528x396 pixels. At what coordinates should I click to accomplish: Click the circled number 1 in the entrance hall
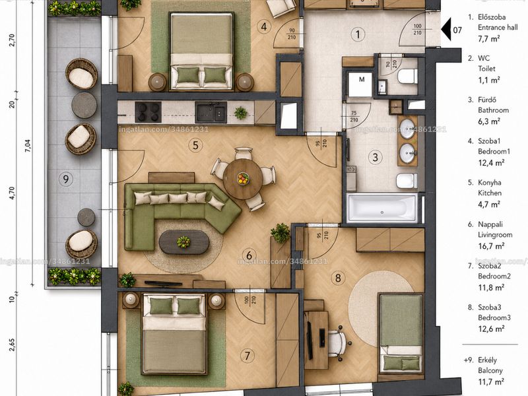click(x=358, y=34)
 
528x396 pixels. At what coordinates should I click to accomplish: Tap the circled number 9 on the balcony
click(x=65, y=178)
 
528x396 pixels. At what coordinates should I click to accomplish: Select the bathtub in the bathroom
click(x=382, y=208)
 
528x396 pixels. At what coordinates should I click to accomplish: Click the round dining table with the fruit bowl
click(x=243, y=179)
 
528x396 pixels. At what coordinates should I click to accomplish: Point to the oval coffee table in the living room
click(x=184, y=242)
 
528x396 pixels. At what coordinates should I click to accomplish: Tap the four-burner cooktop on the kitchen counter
click(x=148, y=112)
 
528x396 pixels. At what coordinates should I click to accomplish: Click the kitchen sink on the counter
click(x=211, y=112)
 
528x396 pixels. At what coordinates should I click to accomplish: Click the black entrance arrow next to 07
click(x=446, y=30)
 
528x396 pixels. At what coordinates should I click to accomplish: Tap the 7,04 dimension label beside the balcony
click(x=28, y=146)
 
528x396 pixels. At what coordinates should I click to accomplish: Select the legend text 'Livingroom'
click(x=495, y=235)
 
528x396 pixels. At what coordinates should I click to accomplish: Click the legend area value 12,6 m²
click(x=491, y=328)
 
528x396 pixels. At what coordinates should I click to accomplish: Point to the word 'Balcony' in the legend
click(x=490, y=370)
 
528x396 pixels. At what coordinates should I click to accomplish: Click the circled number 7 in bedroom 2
click(x=247, y=356)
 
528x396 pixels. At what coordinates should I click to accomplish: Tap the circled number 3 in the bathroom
click(x=375, y=157)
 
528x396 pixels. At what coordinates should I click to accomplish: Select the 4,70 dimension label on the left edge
click(x=13, y=193)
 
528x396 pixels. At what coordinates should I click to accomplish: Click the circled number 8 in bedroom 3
click(x=338, y=278)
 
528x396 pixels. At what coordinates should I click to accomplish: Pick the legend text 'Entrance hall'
click(x=498, y=27)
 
